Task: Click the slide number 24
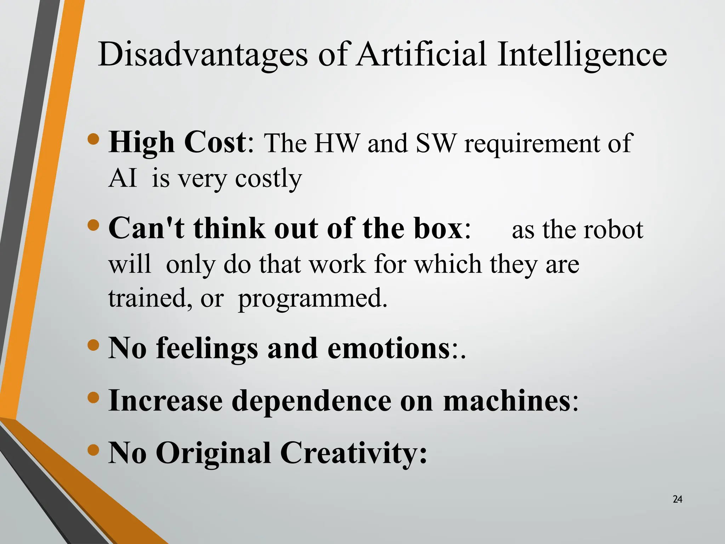click(677, 499)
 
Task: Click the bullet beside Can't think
click(93, 225)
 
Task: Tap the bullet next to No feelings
click(93, 345)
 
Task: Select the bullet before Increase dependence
click(93, 397)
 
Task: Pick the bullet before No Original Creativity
click(93, 450)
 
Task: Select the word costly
click(268, 179)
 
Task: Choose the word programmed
click(313, 299)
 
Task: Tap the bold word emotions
click(388, 348)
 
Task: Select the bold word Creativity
click(354, 453)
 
